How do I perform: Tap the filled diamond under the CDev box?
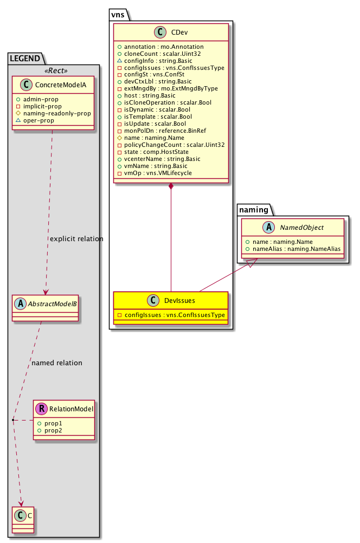171,187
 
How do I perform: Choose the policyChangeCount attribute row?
170,145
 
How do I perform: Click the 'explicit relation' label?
76,239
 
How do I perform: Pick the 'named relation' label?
57,363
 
